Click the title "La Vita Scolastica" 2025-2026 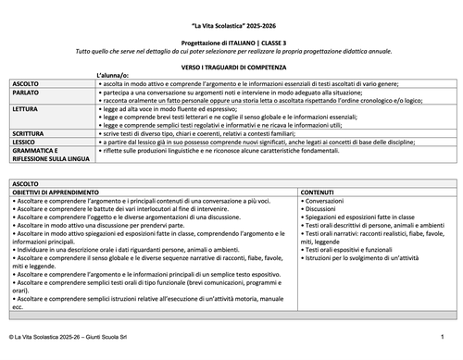[231, 20]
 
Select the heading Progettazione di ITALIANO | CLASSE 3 [231, 42]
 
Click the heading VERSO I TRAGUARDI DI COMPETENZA [231, 68]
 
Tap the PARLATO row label [25, 93]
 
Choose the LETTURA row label [25, 108]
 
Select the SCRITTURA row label [28, 132]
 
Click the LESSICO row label [25, 141]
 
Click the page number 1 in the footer [443, 347]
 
